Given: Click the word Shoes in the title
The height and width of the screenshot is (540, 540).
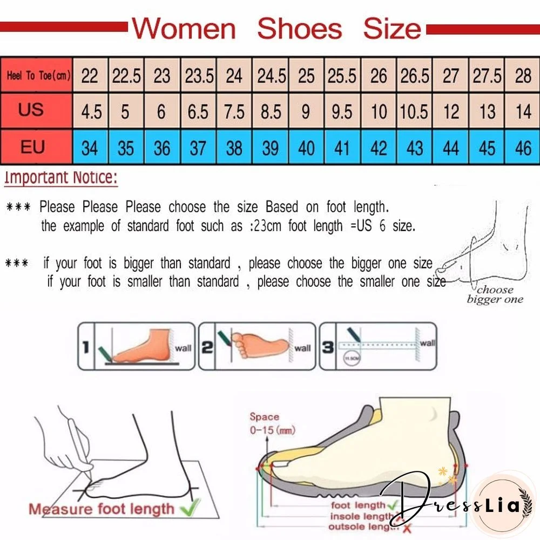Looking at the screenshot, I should tap(299, 29).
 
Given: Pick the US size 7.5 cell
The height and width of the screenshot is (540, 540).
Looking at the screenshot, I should tap(234, 112).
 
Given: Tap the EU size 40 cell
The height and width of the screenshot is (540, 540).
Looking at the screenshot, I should tap(306, 147).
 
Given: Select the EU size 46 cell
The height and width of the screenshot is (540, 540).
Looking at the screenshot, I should tap(523, 147).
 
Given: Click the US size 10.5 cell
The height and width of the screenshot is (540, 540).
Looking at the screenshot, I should tap(415, 112).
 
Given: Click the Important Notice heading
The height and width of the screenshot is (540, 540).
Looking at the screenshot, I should tap(60, 178).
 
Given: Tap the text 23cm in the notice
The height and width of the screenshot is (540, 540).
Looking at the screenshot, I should tap(266, 226).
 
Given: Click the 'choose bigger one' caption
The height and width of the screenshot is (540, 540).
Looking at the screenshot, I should tap(495, 295).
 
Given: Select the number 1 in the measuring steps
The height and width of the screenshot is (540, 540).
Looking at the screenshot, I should tap(85, 347).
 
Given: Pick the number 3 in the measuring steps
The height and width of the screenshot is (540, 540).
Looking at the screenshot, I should tap(327, 347).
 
